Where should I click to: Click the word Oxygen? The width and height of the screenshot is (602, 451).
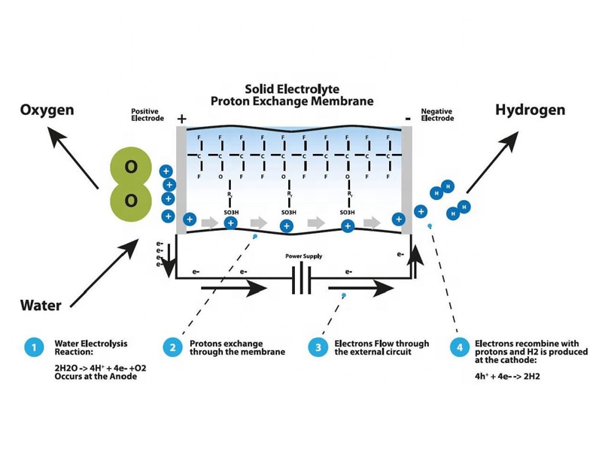[47, 110]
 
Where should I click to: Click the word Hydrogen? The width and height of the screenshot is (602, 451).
[530, 110]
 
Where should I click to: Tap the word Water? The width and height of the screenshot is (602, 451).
[41, 305]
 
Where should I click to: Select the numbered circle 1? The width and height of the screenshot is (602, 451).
[33, 347]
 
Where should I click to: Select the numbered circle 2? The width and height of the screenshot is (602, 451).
[173, 347]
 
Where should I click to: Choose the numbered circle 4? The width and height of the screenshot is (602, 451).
[459, 347]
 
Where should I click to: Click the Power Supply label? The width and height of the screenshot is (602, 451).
[303, 256]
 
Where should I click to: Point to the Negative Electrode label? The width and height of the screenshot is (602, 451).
[436, 115]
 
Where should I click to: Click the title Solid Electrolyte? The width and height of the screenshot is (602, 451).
[292, 88]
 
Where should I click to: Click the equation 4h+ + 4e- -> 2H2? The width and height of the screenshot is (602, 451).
[508, 377]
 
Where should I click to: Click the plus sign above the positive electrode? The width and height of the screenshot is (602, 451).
[181, 119]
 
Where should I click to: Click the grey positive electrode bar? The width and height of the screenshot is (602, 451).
[181, 180]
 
